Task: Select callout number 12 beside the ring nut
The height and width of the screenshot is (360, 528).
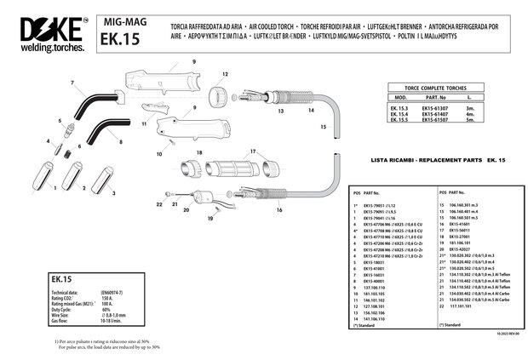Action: click(225, 75)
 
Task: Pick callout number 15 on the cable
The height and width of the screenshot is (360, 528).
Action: click(323, 126)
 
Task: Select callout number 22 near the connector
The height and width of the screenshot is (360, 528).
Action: click(158, 204)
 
